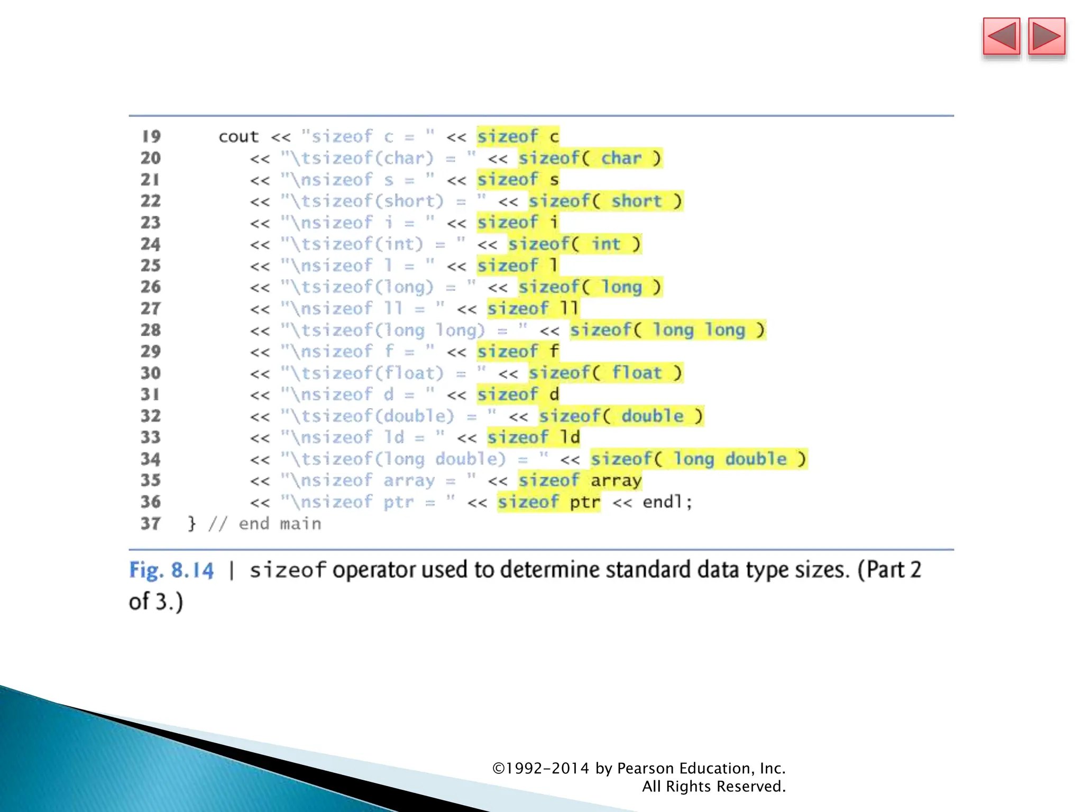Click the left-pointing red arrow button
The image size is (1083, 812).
(1001, 36)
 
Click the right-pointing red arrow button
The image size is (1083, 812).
(1047, 36)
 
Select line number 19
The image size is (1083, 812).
(151, 136)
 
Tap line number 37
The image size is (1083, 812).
(151, 523)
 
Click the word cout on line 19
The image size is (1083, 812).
(238, 136)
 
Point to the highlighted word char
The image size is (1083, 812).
(621, 158)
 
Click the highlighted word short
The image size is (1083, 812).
(637, 201)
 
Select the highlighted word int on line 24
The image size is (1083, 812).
(605, 244)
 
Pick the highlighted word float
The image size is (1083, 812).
(637, 373)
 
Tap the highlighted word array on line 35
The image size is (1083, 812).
(616, 481)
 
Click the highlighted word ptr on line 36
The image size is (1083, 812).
(585, 502)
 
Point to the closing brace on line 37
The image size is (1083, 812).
(191, 523)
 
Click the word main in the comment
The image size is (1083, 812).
(300, 523)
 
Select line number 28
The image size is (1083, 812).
(151, 330)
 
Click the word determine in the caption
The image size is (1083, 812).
(550, 570)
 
